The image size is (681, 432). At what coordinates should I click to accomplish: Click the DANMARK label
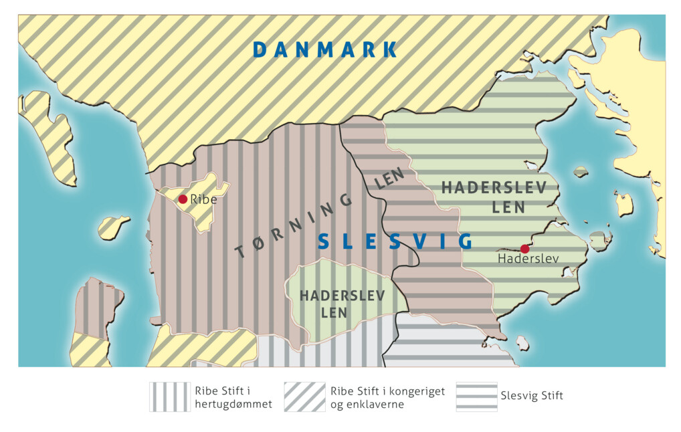point(325,49)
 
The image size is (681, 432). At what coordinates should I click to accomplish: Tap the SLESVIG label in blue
point(395,241)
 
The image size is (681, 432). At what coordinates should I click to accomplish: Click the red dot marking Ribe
point(183,199)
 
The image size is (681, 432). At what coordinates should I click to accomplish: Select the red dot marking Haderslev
point(524,249)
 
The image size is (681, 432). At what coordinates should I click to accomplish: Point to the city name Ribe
point(203,199)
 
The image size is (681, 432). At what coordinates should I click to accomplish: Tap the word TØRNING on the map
point(294,225)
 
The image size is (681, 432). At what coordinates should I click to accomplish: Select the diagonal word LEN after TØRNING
point(390,179)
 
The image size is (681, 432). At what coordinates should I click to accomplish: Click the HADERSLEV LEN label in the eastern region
point(494,197)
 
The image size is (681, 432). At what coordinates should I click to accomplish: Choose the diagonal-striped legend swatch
point(304,397)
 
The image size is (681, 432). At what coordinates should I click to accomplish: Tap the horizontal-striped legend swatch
point(476,397)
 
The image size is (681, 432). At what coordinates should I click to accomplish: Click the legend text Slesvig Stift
point(532,396)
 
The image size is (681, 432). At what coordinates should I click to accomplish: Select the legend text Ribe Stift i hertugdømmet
point(233,397)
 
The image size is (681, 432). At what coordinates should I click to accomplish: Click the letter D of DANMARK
point(261,49)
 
